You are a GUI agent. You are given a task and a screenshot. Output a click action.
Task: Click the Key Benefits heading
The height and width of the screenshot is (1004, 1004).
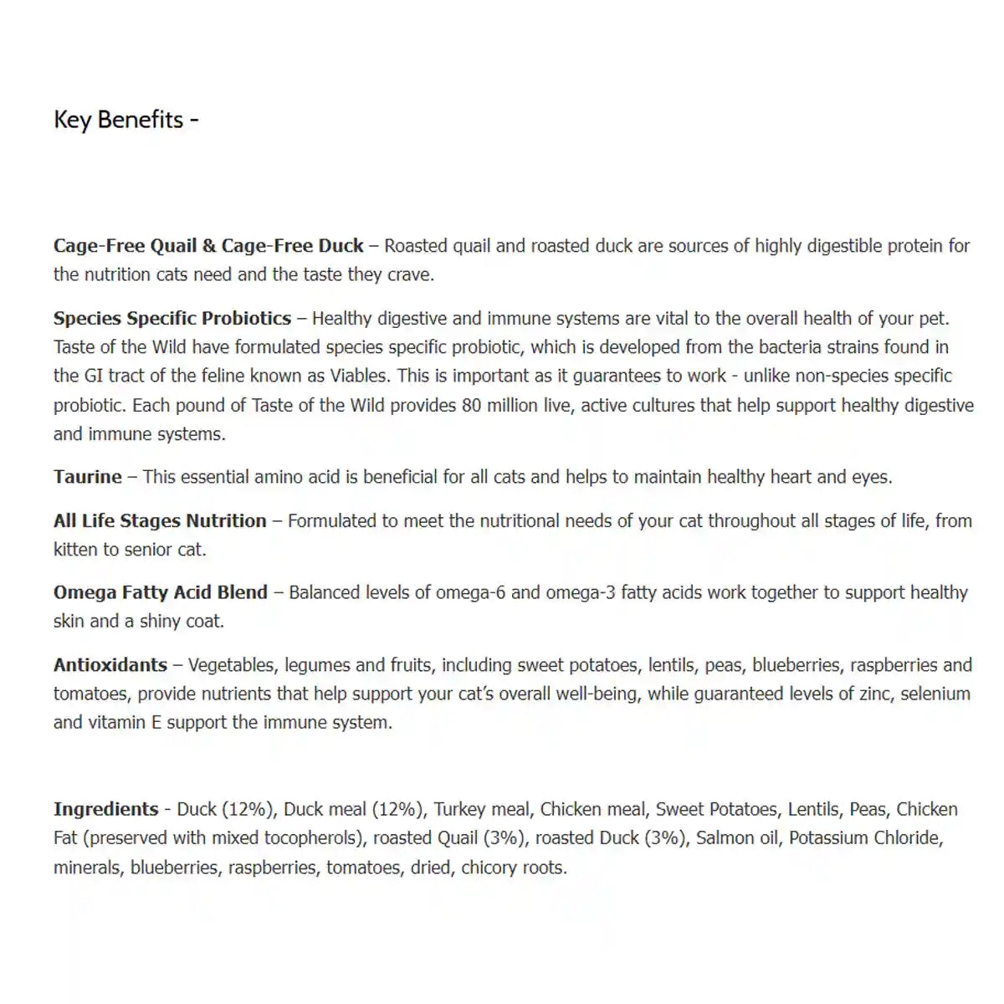click(125, 120)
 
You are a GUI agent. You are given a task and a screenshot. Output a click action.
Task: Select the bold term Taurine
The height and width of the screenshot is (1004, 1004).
click(88, 477)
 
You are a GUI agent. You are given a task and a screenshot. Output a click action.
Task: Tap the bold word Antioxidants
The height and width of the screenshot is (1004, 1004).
click(110, 665)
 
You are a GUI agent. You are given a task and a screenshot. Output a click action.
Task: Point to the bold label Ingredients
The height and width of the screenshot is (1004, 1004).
click(105, 809)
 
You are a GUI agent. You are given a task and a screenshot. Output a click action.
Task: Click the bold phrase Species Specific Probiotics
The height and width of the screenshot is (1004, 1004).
click(172, 319)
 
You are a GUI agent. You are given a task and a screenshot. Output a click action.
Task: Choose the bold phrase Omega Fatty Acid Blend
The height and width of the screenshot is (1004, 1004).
click(161, 592)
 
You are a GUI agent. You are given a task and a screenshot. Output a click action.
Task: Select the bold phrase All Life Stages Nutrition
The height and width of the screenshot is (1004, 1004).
click(160, 521)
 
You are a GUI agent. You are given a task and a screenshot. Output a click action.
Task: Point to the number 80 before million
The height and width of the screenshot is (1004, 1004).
click(471, 406)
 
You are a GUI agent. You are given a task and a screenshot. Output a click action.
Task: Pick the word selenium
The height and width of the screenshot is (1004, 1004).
click(935, 694)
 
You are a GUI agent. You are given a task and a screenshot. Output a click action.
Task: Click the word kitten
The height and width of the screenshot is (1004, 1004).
click(75, 550)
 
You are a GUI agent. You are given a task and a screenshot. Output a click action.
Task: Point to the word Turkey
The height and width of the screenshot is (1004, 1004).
click(458, 809)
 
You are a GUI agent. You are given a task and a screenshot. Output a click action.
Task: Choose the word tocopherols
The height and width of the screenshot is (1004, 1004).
click(313, 838)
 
